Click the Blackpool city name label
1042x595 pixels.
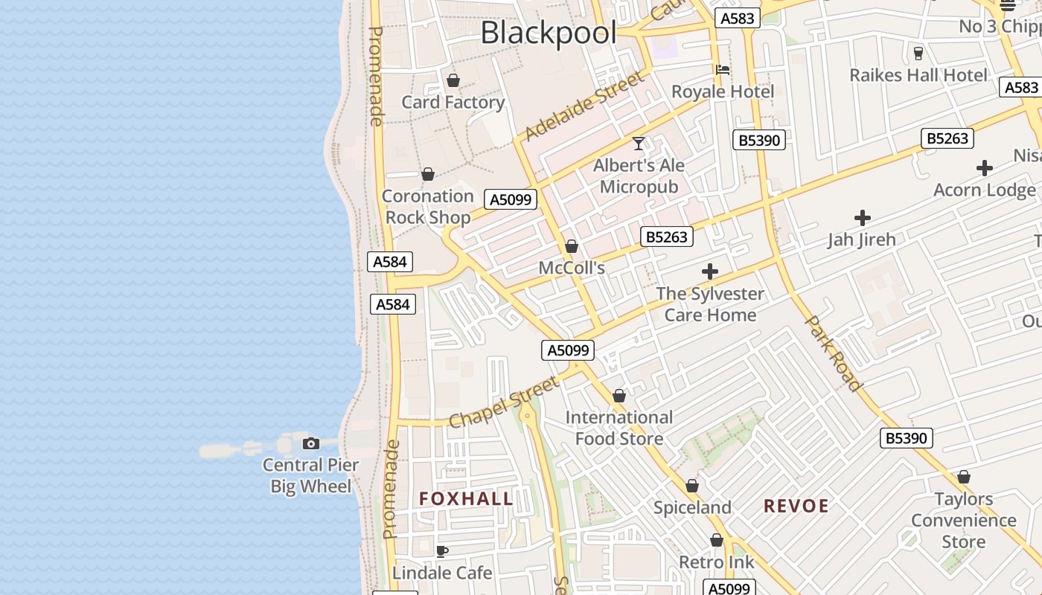549,33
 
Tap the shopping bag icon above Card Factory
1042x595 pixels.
453,80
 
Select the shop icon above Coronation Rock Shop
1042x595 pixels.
428,175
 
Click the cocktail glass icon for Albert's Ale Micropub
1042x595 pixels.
639,143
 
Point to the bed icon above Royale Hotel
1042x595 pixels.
722,70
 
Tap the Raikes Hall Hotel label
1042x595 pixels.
918,75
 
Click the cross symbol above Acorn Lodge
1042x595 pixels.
985,168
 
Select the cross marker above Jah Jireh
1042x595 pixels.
863,218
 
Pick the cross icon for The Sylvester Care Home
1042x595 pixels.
710,271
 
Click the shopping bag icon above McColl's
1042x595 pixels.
572,246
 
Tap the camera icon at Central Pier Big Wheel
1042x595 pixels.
311,444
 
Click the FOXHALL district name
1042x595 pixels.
466,498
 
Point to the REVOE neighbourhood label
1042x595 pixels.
796,506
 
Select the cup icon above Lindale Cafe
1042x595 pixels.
441,551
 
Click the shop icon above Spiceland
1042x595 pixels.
692,486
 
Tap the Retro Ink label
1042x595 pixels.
716,562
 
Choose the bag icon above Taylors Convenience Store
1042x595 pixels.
964,477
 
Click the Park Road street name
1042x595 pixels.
834,353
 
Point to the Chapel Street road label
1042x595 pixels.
504,403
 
